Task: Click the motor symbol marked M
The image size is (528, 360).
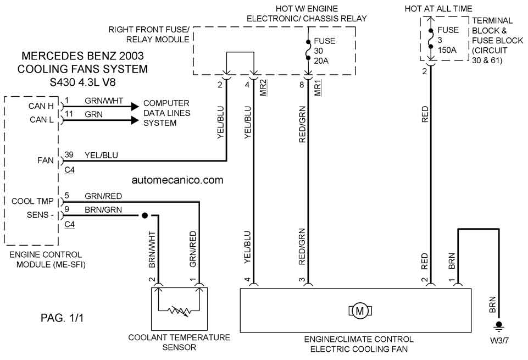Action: click(360, 311)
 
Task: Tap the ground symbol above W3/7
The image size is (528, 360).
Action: click(499, 326)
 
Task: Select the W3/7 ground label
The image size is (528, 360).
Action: click(499, 340)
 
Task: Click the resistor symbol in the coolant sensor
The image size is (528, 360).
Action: click(179, 310)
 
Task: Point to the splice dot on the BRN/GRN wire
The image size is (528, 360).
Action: click(145, 215)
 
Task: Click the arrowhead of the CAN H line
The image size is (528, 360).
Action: click(135, 107)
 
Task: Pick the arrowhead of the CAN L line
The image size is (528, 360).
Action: click(135, 120)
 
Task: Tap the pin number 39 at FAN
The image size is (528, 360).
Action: click(69, 154)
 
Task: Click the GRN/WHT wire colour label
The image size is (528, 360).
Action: click(104, 101)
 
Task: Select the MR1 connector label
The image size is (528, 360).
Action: click(318, 88)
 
